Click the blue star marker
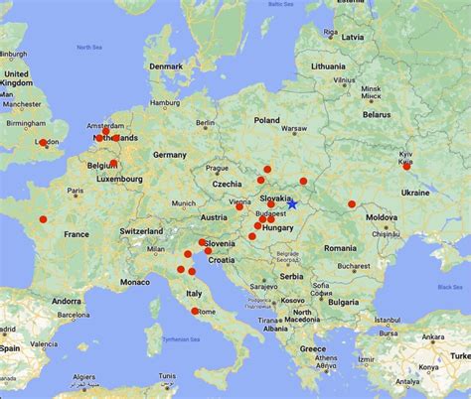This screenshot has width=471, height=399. pyautogui.click(x=293, y=204)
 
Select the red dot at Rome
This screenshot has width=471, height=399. pyautogui.click(x=192, y=311)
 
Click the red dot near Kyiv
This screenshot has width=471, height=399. pyautogui.click(x=405, y=166)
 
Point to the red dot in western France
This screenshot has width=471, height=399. pyautogui.click(x=43, y=219)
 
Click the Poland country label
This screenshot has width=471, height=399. pyautogui.click(x=266, y=120)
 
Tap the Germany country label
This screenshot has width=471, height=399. pyautogui.click(x=170, y=156)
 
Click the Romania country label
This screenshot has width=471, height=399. pyautogui.click(x=339, y=247)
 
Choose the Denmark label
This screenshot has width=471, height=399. pyautogui.click(x=166, y=66)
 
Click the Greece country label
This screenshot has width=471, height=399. pyautogui.click(x=314, y=349)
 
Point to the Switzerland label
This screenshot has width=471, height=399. pyautogui.click(x=138, y=230)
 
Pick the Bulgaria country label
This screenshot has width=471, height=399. pyautogui.click(x=345, y=300)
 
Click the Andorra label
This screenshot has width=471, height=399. pyautogui.click(x=66, y=300)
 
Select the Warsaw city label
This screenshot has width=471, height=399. pyautogui.click(x=295, y=128)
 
